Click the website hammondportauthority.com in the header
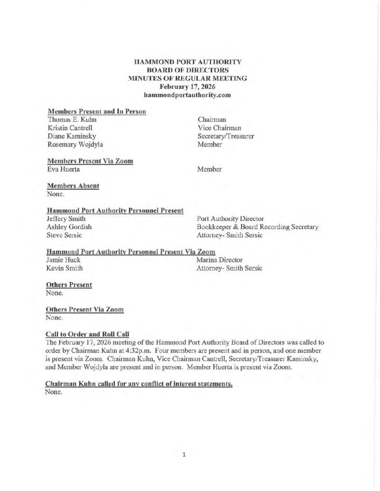pos(187,95)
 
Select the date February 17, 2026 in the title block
pos(188,86)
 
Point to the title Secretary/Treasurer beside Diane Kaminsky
pos(226,136)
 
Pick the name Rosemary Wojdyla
pos(75,144)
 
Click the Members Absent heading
pos(74,186)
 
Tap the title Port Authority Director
pos(230,219)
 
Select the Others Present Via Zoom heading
pos(85,309)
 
